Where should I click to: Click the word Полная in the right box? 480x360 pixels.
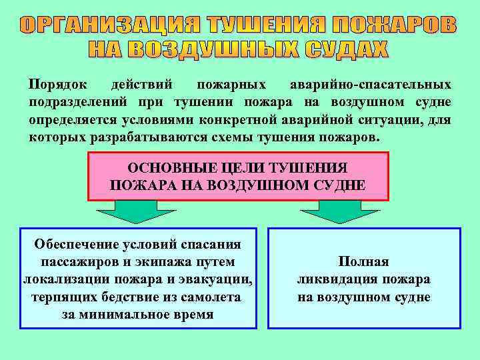pyautogui.click(x=363, y=262)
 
